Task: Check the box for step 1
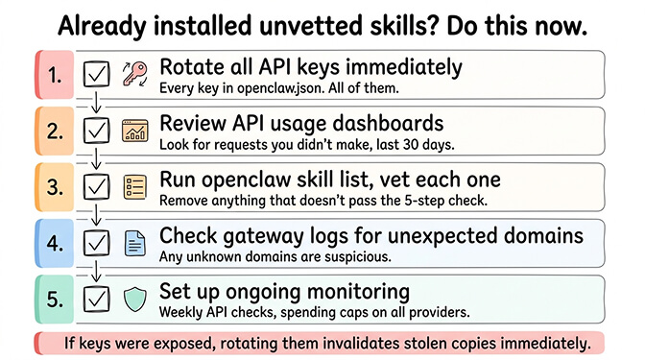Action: point(96,74)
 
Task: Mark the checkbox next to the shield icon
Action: point(96,298)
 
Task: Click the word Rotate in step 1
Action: point(189,67)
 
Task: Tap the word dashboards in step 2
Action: point(380,123)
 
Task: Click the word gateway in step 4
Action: point(267,234)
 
